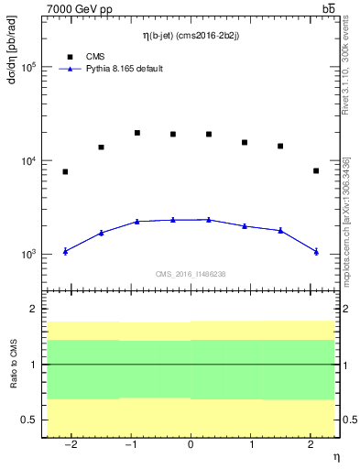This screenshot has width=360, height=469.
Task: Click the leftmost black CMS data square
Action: pos(65,171)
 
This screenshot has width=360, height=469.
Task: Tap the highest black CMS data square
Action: pos(136,133)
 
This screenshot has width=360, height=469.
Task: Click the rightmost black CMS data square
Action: pos(315,170)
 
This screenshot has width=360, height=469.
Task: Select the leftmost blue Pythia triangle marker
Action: pos(65,251)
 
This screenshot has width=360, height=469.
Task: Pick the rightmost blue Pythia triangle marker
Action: pos(315,251)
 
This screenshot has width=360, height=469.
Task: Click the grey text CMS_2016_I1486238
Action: pos(190,274)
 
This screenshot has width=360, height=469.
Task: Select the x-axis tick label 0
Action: pos(190,445)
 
